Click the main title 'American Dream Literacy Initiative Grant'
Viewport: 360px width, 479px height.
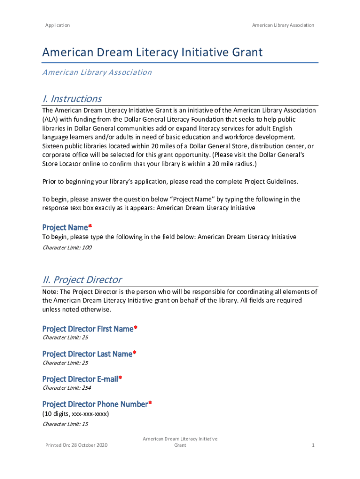click(152, 52)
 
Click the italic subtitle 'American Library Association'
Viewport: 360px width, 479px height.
click(97, 72)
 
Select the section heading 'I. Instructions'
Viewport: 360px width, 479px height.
click(72, 99)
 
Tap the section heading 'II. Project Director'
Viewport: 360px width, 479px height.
click(82, 280)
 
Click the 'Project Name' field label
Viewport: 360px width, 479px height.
click(65, 227)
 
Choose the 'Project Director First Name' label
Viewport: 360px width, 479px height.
click(88, 329)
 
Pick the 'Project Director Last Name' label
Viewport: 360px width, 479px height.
click(87, 354)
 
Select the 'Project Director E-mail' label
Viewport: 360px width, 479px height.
click(80, 379)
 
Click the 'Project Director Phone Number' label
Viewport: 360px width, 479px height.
click(95, 404)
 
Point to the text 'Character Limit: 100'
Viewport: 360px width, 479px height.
click(67, 247)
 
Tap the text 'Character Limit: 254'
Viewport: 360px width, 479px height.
click(67, 388)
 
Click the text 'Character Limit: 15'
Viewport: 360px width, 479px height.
click(65, 424)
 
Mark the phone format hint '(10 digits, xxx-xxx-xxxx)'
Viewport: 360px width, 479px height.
click(76, 414)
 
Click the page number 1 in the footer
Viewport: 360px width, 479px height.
click(313, 445)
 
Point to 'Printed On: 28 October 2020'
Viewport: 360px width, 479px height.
click(76, 445)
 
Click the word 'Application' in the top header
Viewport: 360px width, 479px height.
click(58, 25)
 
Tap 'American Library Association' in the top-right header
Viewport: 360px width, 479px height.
click(283, 25)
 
